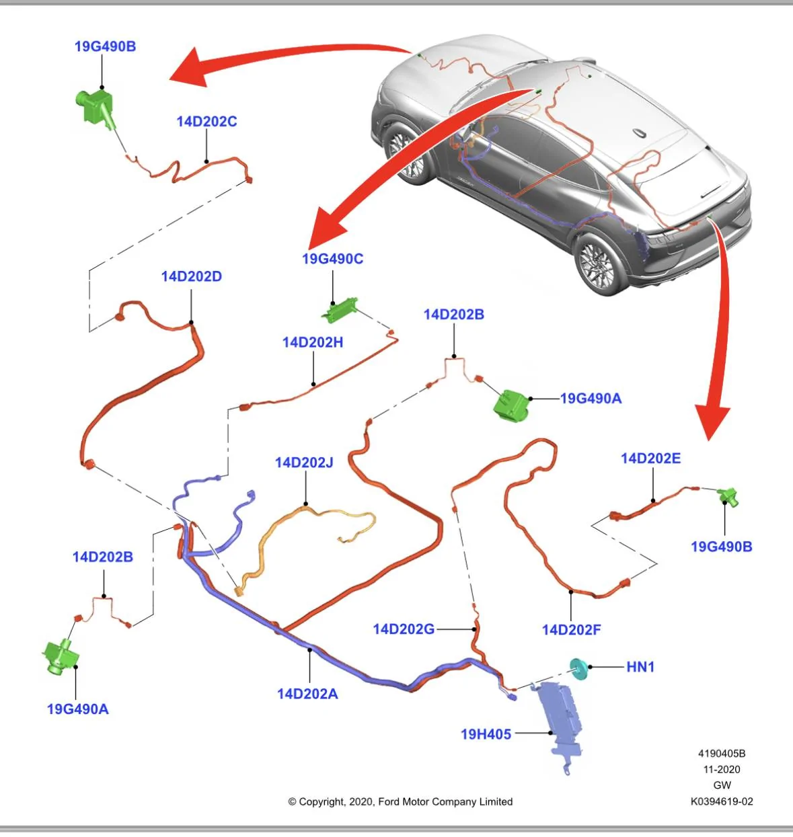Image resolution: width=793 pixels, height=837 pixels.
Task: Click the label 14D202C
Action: (x=206, y=122)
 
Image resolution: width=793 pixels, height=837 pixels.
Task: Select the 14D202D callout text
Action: (x=191, y=277)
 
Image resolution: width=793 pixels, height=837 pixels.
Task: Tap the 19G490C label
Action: (x=333, y=259)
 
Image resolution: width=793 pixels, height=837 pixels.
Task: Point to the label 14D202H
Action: (x=313, y=342)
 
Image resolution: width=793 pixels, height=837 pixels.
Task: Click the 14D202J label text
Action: (x=304, y=463)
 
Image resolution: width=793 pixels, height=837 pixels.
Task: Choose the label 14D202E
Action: (x=650, y=459)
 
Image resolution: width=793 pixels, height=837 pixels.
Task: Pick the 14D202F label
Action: (x=572, y=630)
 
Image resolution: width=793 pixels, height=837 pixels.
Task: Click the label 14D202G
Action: (x=404, y=629)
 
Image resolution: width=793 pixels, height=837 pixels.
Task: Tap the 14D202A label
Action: (x=307, y=694)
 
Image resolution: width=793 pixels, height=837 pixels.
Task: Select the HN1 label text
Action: (x=640, y=667)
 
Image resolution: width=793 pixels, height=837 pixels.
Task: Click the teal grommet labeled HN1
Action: (x=579, y=669)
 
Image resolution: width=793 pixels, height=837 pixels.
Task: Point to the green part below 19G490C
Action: (x=339, y=310)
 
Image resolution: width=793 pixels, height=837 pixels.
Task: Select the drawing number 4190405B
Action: (x=722, y=754)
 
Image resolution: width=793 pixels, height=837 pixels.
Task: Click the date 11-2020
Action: (x=722, y=769)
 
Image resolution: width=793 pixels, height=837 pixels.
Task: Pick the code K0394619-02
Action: (x=722, y=801)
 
